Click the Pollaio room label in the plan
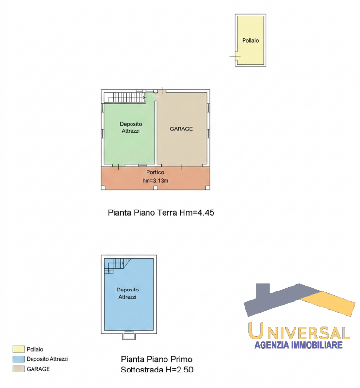coord(250,40)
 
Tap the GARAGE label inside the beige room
coord(181,129)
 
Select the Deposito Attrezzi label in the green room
coord(131,127)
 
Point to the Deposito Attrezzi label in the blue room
coord(128,293)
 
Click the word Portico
coord(155,172)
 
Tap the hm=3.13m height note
coord(155,180)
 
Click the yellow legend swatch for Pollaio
coord(18,349)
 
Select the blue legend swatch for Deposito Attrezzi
coord(18,359)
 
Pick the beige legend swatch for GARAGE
coord(18,369)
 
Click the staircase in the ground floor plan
coord(125,97)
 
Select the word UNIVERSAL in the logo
coord(299,331)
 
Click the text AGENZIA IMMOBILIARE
coord(298,345)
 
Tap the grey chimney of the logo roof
coord(263,290)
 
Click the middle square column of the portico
coord(155,188)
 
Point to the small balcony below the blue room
coord(129,336)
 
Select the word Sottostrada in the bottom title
coord(142,370)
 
